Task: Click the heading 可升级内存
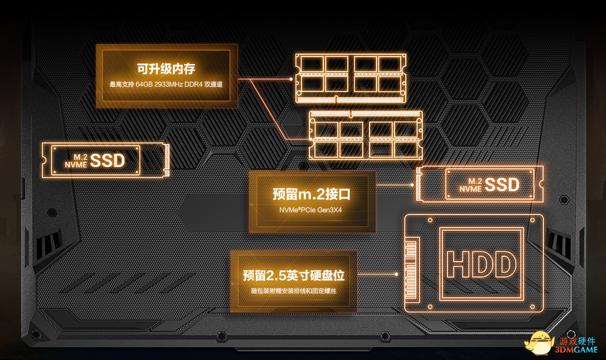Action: (x=166, y=69)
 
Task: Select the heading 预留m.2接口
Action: (x=311, y=194)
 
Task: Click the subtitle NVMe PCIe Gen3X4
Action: (x=310, y=210)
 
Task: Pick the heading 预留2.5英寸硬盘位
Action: (x=294, y=276)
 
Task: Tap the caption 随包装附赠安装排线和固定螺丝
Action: (x=294, y=291)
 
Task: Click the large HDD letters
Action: (x=481, y=264)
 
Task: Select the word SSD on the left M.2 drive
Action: (x=107, y=160)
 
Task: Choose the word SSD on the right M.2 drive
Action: (x=502, y=185)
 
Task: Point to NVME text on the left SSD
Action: (x=76, y=164)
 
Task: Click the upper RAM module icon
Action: (x=351, y=78)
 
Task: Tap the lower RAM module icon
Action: (x=366, y=135)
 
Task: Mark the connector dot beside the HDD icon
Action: (x=396, y=274)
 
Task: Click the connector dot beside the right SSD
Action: (x=412, y=185)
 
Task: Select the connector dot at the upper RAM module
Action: (x=291, y=79)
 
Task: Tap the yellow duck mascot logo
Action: (x=538, y=343)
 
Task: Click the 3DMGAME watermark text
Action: (x=576, y=350)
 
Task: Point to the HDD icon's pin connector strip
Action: (x=411, y=270)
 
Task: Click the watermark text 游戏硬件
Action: (x=577, y=341)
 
